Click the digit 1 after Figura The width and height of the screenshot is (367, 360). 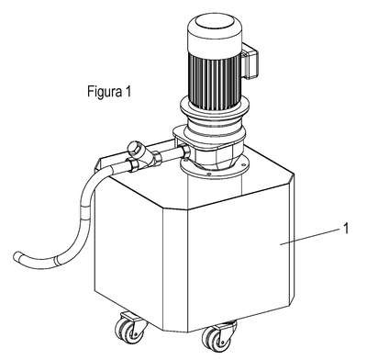128,91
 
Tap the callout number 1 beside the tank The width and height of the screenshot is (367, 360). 346,229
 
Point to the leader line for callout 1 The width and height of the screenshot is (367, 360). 310,237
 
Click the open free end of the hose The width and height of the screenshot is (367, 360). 17,256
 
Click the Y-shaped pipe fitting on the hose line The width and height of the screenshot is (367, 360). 141,154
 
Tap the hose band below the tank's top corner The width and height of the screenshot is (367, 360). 85,213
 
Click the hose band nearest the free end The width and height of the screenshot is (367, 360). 57,261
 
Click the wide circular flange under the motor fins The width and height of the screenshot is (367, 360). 215,108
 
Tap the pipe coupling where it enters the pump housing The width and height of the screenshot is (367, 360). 185,152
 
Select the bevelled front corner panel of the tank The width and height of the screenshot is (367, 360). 174,269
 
